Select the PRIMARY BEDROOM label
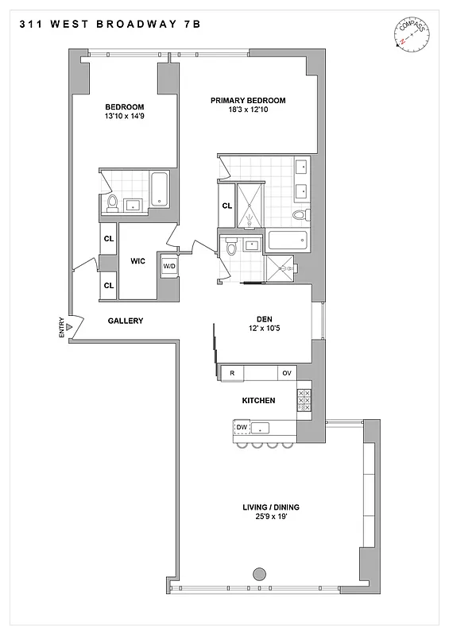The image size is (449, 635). (x=247, y=101)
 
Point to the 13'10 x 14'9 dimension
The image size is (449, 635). (x=123, y=117)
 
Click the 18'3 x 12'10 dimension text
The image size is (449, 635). (x=247, y=110)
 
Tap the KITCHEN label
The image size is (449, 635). (x=258, y=401)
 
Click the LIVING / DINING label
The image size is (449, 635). (x=271, y=507)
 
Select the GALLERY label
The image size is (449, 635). (x=125, y=321)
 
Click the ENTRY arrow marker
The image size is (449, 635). (x=70, y=326)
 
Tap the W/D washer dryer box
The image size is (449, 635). (x=168, y=266)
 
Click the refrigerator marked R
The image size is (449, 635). (x=231, y=373)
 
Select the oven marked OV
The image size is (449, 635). (x=286, y=373)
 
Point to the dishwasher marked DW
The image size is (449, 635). (x=242, y=428)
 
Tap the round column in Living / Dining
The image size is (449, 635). (x=258, y=574)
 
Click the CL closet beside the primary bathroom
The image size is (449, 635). (x=226, y=206)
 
